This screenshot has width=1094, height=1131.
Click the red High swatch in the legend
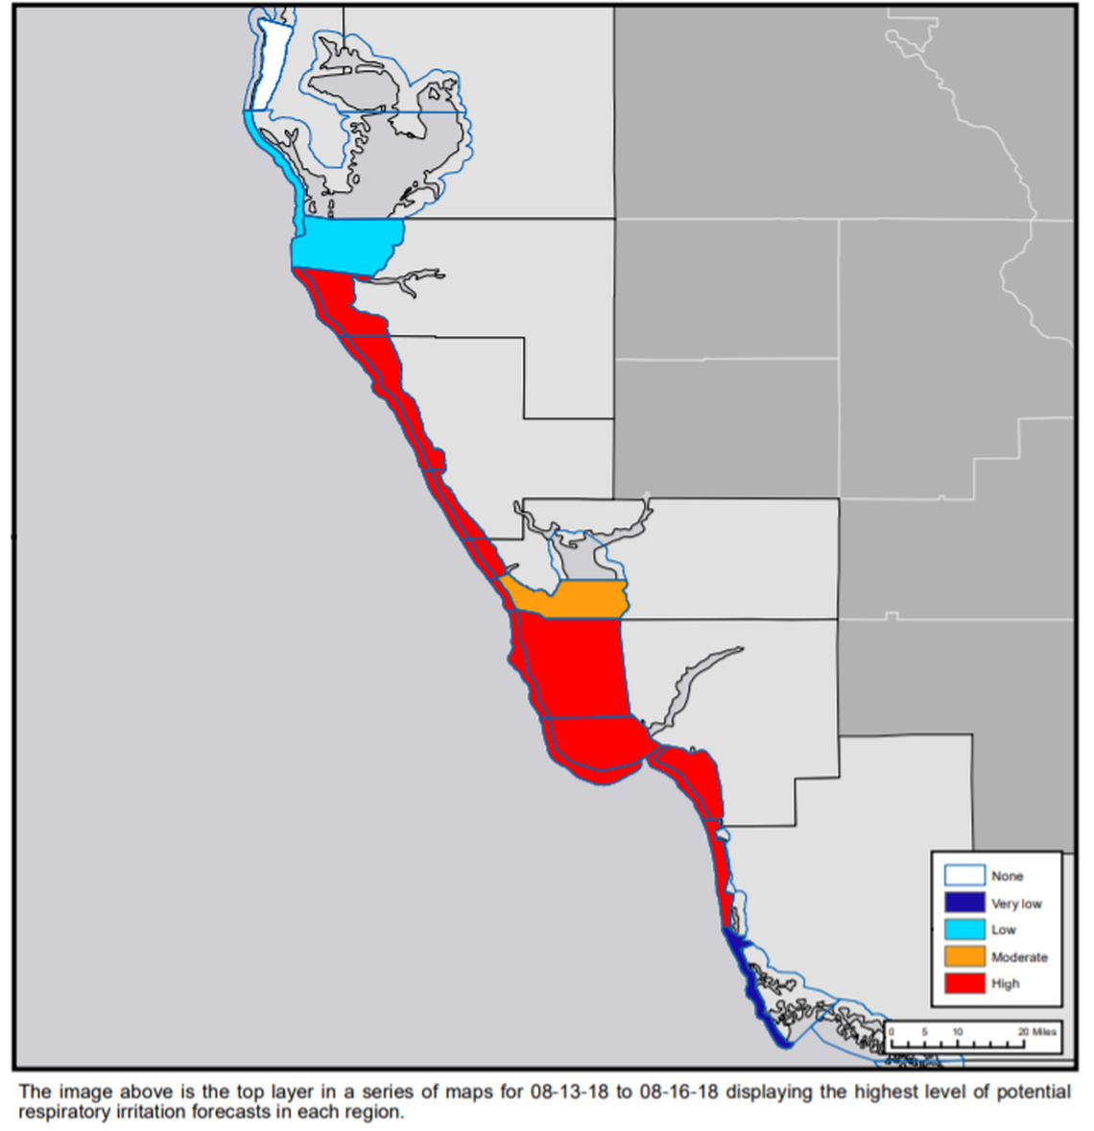963,983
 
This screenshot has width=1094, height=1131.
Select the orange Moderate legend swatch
963,956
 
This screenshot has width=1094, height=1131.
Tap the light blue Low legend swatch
963,929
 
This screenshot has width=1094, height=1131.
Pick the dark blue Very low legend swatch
963,902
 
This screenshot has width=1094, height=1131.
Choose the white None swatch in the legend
963,876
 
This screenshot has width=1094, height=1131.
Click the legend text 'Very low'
1016,903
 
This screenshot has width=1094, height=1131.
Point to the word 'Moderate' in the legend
1019,957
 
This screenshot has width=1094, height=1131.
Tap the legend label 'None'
1007,877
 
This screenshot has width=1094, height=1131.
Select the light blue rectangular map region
345,243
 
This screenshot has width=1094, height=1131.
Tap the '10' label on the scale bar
957,1031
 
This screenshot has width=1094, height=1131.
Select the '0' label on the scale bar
892,1031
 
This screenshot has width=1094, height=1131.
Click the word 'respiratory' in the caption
62,1113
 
